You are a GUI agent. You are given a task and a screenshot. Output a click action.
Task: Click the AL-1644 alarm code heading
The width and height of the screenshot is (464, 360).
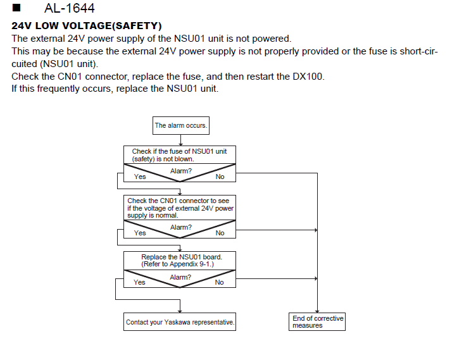pyautogui.click(x=69, y=8)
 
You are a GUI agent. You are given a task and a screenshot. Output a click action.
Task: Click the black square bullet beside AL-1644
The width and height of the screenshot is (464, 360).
pyautogui.click(x=16, y=8)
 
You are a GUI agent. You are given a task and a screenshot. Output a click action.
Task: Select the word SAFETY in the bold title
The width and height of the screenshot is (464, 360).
pyautogui.click(x=137, y=26)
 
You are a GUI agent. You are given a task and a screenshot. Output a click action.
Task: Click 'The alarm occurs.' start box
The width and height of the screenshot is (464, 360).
pyautogui.click(x=181, y=125)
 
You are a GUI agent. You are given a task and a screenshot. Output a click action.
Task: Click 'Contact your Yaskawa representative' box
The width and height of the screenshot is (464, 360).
pyautogui.click(x=180, y=322)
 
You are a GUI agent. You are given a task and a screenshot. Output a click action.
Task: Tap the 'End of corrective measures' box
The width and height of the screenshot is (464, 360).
pyautogui.click(x=317, y=322)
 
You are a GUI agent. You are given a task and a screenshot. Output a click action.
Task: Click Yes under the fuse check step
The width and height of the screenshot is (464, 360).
pyautogui.click(x=140, y=177)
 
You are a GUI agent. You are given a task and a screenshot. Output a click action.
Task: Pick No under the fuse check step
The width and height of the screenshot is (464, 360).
pyautogui.click(x=220, y=177)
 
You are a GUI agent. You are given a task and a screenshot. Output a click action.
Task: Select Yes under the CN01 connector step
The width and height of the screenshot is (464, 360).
pyautogui.click(x=140, y=233)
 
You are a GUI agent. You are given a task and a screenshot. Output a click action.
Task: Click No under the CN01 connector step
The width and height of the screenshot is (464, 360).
pyautogui.click(x=220, y=233)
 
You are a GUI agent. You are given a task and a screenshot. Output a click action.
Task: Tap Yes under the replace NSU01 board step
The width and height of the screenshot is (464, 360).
pyautogui.click(x=139, y=282)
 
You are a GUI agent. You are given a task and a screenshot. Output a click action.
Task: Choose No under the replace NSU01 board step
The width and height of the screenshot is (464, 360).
pyautogui.click(x=219, y=282)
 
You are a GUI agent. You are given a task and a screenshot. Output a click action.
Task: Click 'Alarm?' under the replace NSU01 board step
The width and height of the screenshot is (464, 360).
pyautogui.click(x=180, y=277)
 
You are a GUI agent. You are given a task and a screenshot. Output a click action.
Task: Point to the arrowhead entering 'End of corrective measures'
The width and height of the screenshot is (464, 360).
pyautogui.click(x=317, y=311)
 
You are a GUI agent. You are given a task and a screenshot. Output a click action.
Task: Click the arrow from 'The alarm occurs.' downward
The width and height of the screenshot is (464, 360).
pyautogui.click(x=180, y=140)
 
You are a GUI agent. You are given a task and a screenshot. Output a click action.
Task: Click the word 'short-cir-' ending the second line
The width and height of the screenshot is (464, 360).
pyautogui.click(x=418, y=51)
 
